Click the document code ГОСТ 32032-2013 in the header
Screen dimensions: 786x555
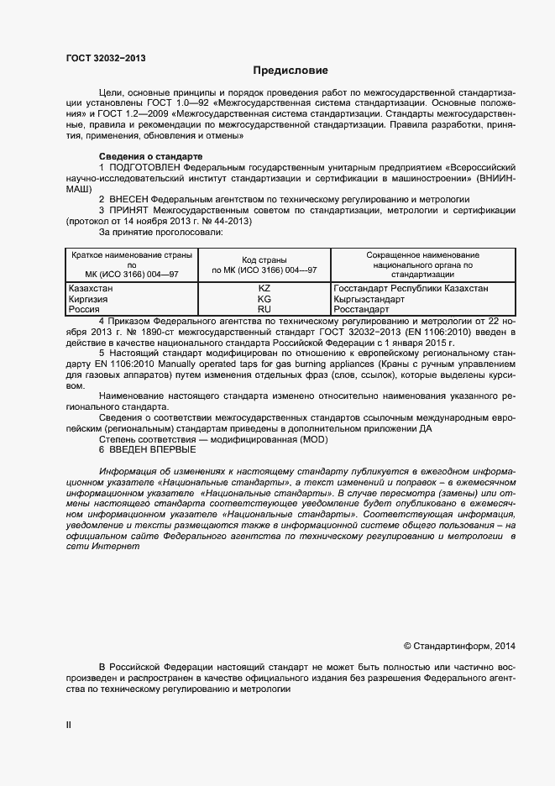(x=101, y=57)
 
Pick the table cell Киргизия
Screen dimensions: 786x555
(x=91, y=299)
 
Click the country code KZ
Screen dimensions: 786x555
(x=264, y=289)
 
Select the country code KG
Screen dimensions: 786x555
(x=264, y=299)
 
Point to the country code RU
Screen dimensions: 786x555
(x=264, y=309)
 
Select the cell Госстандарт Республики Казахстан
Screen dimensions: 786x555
(x=411, y=289)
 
